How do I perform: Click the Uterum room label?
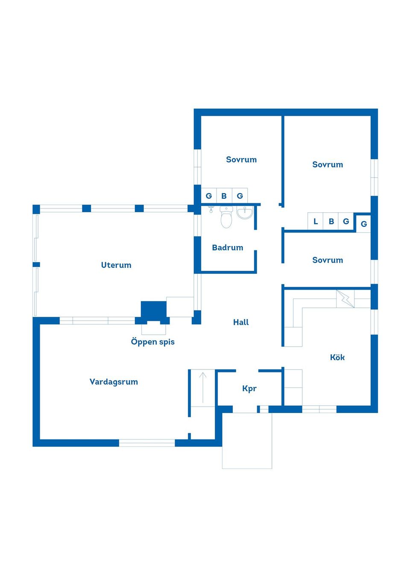116,265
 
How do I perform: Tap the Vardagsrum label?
114,382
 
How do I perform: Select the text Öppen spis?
152,342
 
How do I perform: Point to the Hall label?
241,322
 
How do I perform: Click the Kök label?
337,357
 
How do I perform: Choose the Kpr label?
249,388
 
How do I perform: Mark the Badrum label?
227,248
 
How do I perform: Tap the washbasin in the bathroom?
245,212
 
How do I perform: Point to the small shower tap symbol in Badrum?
211,209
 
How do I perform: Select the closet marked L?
315,221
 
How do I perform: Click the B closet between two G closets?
224,196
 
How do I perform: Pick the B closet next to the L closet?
331,221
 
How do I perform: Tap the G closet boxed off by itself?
363,224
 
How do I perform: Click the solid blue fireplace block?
153,310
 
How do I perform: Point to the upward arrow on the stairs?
203,387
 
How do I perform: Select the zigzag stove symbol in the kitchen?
345,299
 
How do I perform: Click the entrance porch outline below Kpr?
247,444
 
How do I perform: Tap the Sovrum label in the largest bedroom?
327,165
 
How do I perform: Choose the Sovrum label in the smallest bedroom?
327,260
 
